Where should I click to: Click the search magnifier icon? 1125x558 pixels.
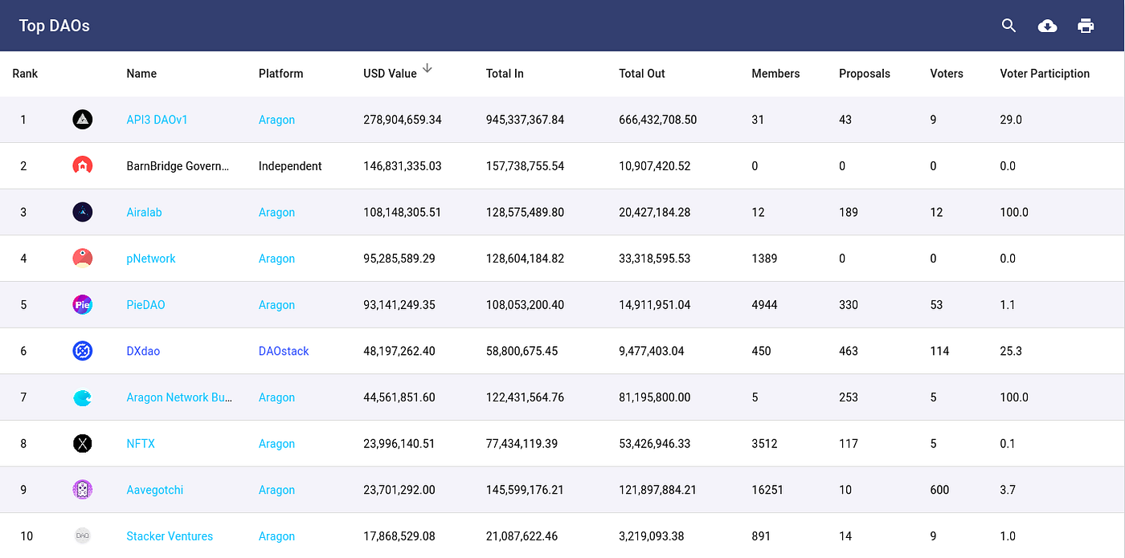pos(1008,26)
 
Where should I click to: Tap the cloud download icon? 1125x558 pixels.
pos(1047,26)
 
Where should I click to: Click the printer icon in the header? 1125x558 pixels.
pos(1086,26)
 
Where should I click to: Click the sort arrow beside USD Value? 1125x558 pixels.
pos(427,68)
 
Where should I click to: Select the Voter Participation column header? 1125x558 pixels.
pos(1045,74)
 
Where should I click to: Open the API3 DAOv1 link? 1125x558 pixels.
pos(157,120)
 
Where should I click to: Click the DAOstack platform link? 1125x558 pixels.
pos(284,352)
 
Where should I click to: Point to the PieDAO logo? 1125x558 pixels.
pos(82,304)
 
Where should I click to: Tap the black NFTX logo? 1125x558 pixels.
pos(82,443)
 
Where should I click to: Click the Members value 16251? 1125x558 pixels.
pos(767,490)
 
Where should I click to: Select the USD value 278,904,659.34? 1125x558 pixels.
pos(403,120)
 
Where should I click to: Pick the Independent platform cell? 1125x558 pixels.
pos(290,166)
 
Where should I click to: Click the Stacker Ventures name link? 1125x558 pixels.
pos(170,536)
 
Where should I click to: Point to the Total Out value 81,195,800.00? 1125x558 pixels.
pos(654,397)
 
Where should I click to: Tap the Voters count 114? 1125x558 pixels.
pos(939,352)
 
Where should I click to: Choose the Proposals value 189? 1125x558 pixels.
pos(849,212)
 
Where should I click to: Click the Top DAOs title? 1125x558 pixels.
pos(55,26)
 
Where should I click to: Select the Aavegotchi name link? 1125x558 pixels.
pos(154,490)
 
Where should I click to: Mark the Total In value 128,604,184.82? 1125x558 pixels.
pos(525,259)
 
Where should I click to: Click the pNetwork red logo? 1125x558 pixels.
pos(82,259)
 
